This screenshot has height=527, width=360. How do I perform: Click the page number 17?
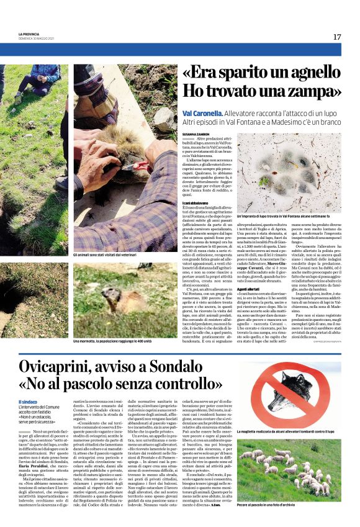[336, 37]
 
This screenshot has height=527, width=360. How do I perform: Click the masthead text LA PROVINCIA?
[30, 34]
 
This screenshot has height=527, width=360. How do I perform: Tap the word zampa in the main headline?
[310, 92]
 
